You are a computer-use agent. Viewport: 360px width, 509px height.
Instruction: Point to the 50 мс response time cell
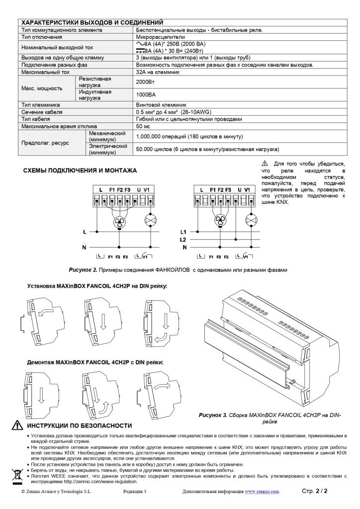pos(143,126)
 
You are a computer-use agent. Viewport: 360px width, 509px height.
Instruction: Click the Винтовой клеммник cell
pos(162,105)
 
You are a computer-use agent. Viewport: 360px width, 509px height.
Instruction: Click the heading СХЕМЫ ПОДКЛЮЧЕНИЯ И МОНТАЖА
pos(80,170)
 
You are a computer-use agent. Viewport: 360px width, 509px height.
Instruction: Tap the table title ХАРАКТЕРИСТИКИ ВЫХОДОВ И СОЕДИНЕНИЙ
pos(92,23)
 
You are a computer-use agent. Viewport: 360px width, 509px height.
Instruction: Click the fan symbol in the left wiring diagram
pos(119,222)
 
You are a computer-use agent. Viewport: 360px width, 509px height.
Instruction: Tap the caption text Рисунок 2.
pos(83,269)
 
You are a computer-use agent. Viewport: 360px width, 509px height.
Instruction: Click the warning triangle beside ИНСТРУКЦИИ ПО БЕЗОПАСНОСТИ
pos(17,425)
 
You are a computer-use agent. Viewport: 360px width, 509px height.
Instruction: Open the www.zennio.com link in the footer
pos(262,492)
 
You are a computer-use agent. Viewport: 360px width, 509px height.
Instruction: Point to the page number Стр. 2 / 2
pos(315,491)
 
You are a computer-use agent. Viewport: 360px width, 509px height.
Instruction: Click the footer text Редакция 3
pos(134,492)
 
